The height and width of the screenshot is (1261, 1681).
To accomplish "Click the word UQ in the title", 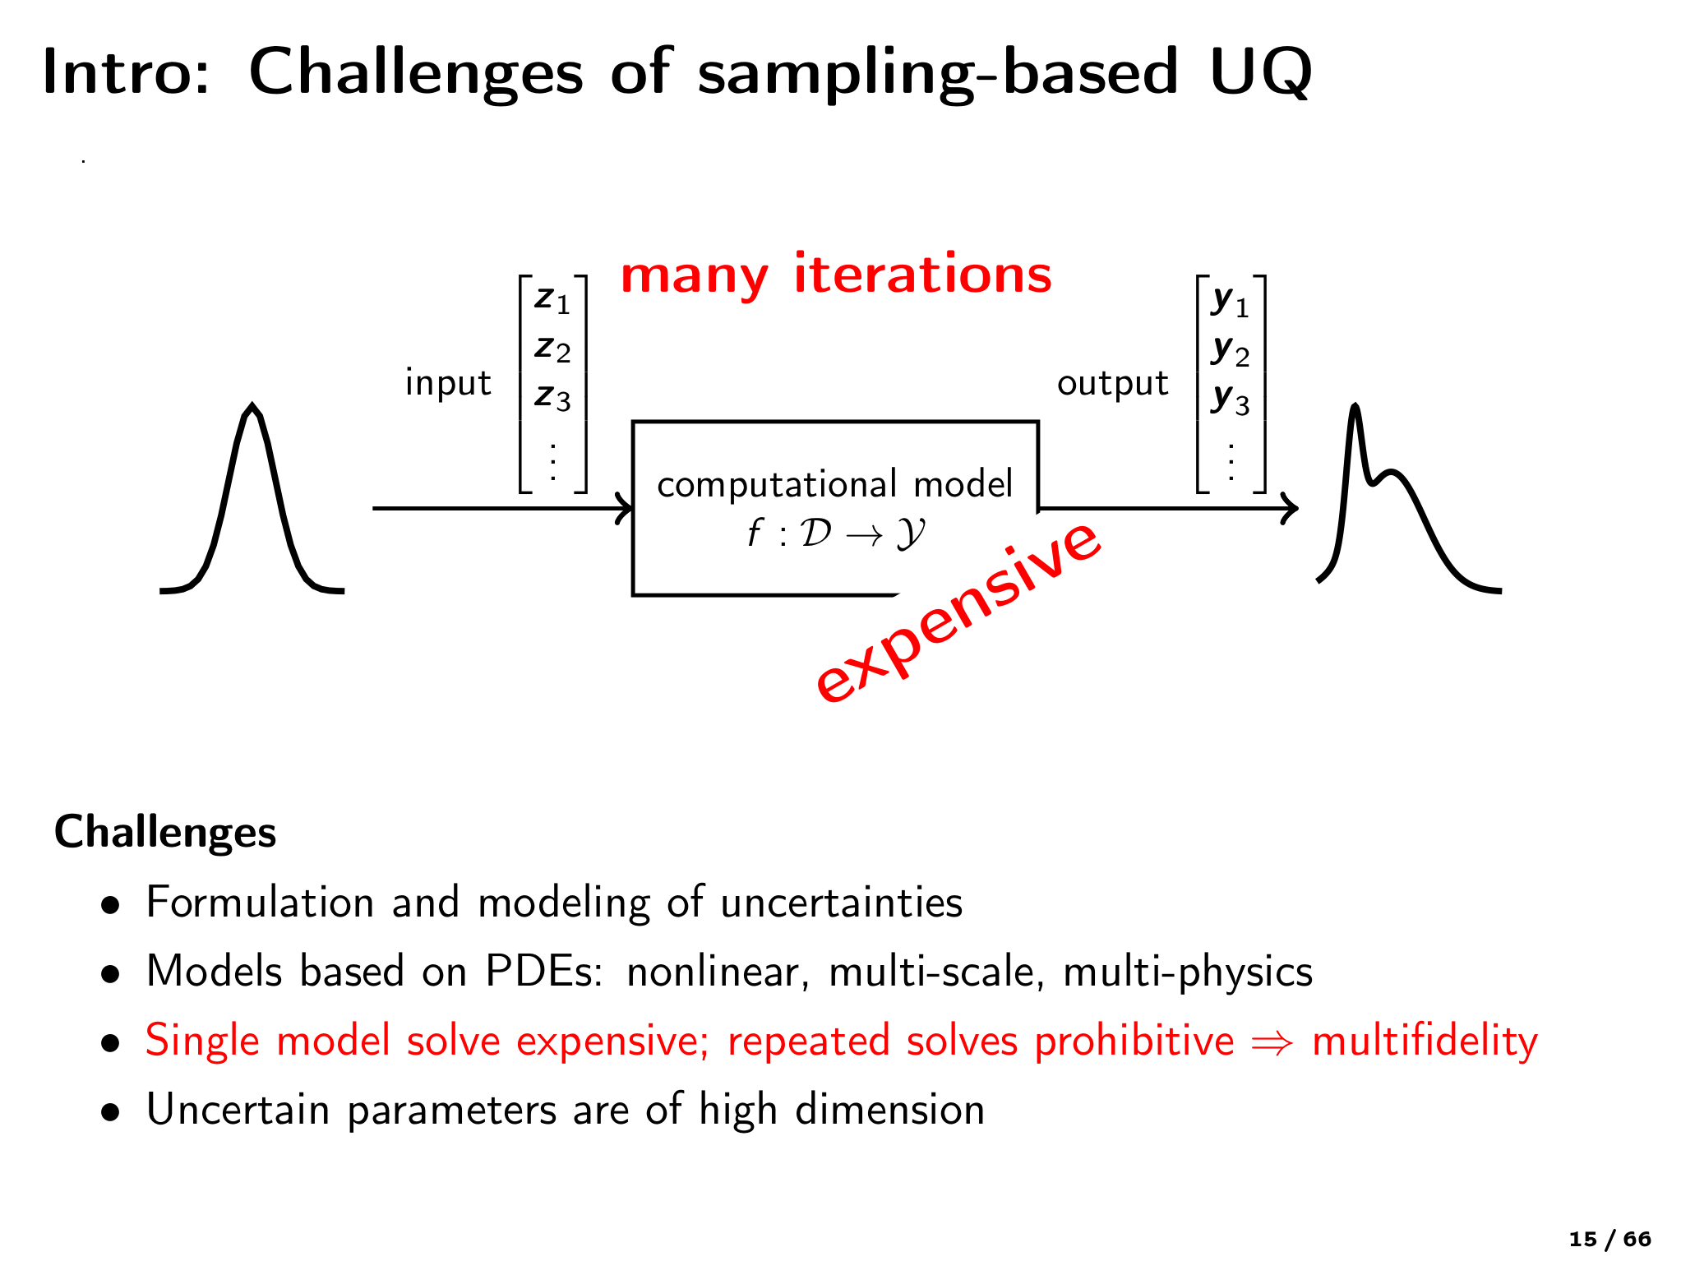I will click(1259, 72).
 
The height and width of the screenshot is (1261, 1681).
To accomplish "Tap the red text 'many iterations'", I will click(835, 275).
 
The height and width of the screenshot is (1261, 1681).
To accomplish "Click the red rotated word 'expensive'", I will click(958, 612).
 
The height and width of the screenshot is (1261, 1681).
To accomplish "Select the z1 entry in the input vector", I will click(552, 299).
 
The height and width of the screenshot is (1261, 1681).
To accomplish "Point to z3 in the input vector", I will click(552, 397).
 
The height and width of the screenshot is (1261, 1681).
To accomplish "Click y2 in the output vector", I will click(1230, 351).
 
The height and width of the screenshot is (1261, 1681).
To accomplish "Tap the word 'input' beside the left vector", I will click(448, 383).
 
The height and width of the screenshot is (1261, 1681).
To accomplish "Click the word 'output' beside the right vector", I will click(1112, 383).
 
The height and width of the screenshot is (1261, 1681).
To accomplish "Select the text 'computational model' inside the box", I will click(834, 484).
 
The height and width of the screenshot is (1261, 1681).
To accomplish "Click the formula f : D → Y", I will click(835, 533).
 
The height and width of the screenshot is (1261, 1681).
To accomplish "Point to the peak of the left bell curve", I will click(252, 407).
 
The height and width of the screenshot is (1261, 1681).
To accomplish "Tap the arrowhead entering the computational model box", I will click(626, 508).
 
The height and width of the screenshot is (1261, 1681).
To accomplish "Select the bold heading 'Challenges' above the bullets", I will click(165, 832).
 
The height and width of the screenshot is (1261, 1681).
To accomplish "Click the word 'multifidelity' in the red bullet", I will click(1424, 1041).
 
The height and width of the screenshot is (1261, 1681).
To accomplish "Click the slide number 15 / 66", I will click(1609, 1240).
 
